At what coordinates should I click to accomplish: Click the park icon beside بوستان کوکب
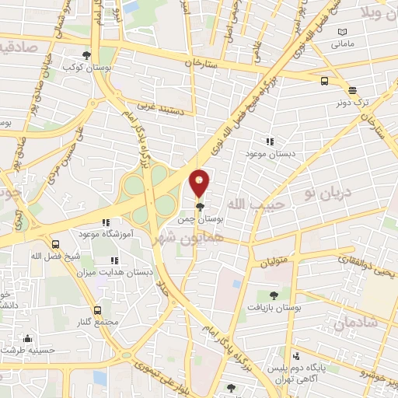[86, 55]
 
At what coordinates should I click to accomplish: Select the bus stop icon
[323, 80]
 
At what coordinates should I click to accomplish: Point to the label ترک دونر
[350, 103]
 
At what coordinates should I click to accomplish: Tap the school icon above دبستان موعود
[270, 141]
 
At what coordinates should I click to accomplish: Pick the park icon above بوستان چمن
[201, 207]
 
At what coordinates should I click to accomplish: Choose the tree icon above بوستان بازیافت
[273, 295]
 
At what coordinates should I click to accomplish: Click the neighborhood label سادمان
[357, 321]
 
